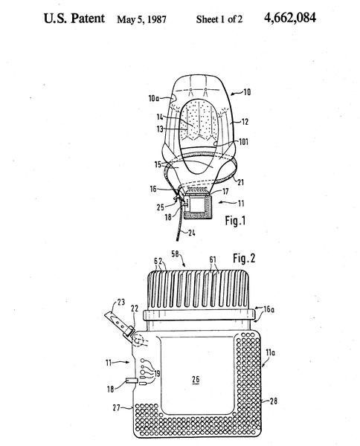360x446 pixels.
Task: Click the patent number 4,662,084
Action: click(290, 18)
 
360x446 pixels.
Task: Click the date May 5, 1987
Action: click(142, 19)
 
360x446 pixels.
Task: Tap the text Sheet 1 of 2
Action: click(219, 19)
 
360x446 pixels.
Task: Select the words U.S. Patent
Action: click(74, 18)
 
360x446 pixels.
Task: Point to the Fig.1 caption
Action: click(235, 221)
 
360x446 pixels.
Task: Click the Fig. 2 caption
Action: click(244, 258)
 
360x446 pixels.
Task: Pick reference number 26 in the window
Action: click(196, 379)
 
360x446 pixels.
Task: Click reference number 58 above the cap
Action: click(175, 253)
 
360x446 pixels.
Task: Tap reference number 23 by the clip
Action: click(121, 302)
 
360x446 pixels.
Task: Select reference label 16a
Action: click(269, 309)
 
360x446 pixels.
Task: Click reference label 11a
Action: click(270, 352)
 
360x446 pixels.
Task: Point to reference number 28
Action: click(274, 401)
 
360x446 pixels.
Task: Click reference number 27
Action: click(116, 407)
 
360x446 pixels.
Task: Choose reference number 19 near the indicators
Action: click(156, 373)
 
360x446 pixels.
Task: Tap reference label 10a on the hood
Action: click(154, 98)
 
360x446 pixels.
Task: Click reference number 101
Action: click(243, 142)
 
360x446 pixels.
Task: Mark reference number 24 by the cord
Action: click(192, 233)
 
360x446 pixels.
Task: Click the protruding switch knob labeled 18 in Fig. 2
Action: click(130, 381)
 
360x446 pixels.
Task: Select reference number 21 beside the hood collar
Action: click(240, 182)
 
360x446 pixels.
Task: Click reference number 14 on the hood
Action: click(160, 117)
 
